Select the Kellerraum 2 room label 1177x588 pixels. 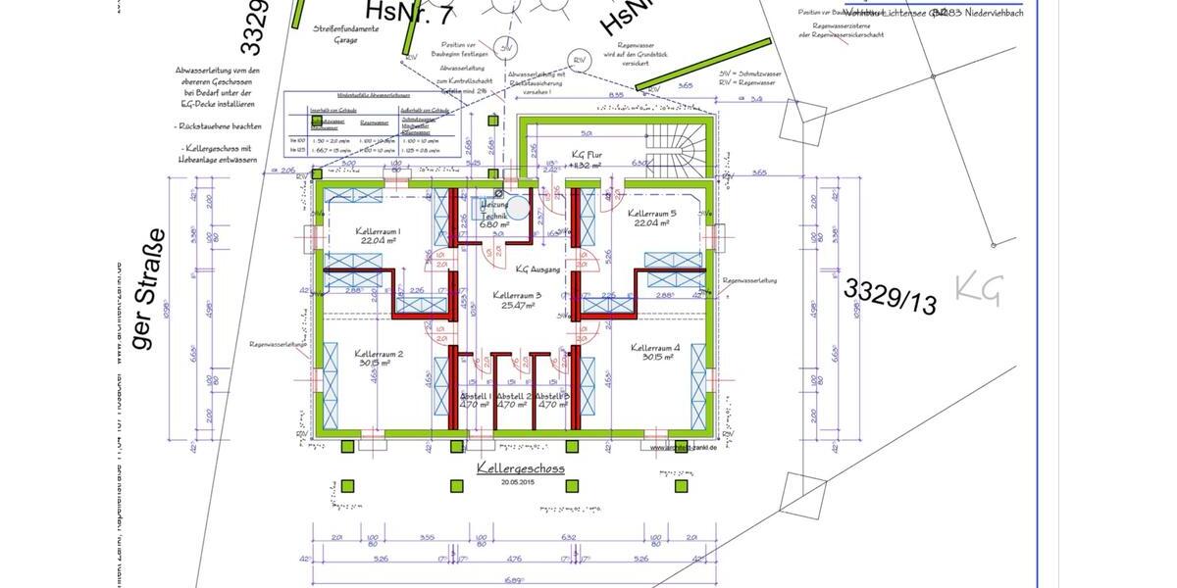point(379,354)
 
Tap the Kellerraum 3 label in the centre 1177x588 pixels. point(517,294)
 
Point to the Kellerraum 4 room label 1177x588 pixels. point(655,348)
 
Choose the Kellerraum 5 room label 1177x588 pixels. point(651,213)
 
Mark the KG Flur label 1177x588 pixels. point(589,155)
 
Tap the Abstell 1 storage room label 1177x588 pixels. point(476,396)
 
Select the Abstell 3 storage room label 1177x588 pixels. point(552,396)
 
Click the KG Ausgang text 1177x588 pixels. point(537,268)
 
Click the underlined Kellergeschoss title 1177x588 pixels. point(520,469)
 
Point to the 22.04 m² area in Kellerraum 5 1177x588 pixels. point(651,223)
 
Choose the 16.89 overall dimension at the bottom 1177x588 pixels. point(513,580)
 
